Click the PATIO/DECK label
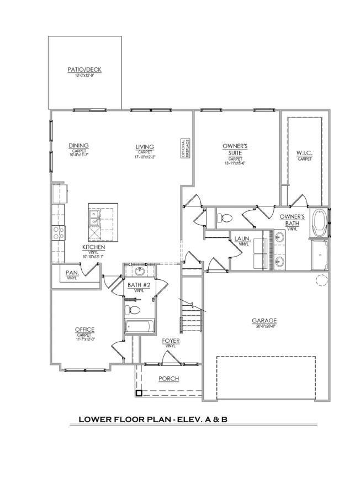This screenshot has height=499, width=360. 84,70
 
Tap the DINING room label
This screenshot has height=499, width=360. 78,146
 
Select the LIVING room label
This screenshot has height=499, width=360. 145,147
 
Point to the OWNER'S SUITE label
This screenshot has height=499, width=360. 235,149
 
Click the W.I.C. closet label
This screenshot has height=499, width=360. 304,153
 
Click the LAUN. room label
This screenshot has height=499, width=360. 242,240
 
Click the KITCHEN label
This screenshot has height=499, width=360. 93,247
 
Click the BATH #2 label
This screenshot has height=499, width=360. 139,285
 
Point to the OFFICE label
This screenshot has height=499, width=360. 84,330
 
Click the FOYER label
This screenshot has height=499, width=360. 171,341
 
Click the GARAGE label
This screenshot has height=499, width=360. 264,321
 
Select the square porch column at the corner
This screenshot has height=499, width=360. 139,393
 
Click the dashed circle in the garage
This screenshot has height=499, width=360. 322,280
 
